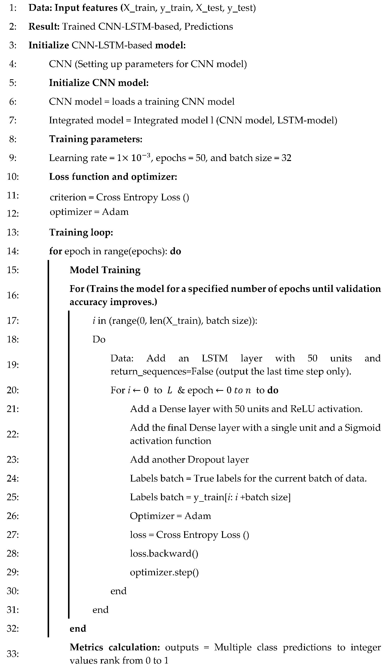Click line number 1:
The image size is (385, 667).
coord(13,8)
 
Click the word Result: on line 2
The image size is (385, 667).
coord(44,26)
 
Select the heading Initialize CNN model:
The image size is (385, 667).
coord(99,83)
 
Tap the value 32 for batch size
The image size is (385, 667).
coord(286,158)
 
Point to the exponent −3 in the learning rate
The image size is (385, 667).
coord(147,155)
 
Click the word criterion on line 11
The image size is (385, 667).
coord(68,197)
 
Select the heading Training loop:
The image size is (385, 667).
coord(81,232)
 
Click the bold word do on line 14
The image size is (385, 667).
coord(175,251)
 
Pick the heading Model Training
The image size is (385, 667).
coord(105,270)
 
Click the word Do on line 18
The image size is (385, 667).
coord(99,339)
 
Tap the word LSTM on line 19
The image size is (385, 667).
coord(215,358)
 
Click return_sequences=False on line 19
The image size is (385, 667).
coord(161,371)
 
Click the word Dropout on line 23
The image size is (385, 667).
coord(204,460)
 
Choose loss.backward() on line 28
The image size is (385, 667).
coord(164,554)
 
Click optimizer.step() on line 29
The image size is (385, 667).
coord(164,572)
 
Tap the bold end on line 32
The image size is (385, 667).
coord(78,628)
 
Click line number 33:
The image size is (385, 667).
coord(13,654)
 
